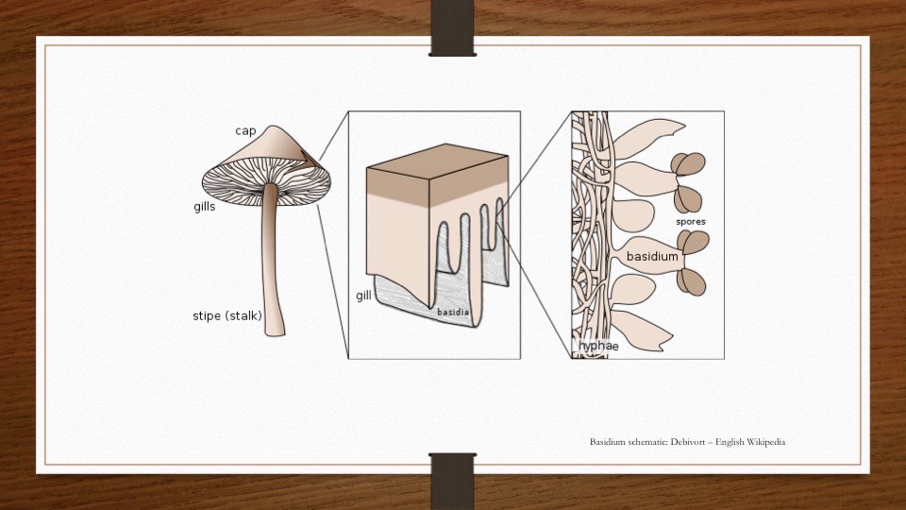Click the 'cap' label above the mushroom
[245, 130]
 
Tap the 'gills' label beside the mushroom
[205, 207]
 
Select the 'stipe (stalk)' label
[227, 315]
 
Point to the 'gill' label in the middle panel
[363, 296]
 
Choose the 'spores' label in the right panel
[691, 222]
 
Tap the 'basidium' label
[652, 256]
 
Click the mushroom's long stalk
[272, 264]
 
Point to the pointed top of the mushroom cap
[271, 127]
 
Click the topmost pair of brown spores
[688, 165]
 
